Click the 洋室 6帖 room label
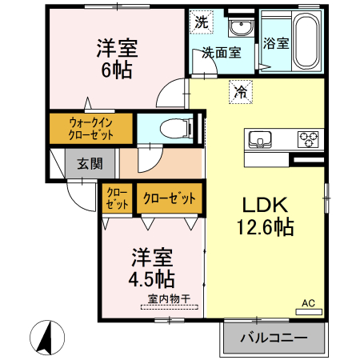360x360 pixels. [117, 58]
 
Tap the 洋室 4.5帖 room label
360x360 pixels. [153, 268]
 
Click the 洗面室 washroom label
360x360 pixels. [221, 54]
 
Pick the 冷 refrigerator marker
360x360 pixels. [240, 92]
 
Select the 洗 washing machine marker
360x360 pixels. [201, 22]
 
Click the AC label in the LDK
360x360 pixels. [310, 304]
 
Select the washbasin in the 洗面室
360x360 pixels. [239, 30]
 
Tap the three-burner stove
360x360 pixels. [309, 141]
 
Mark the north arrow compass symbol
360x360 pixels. [46, 334]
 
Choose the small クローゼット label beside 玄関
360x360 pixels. [117, 199]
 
